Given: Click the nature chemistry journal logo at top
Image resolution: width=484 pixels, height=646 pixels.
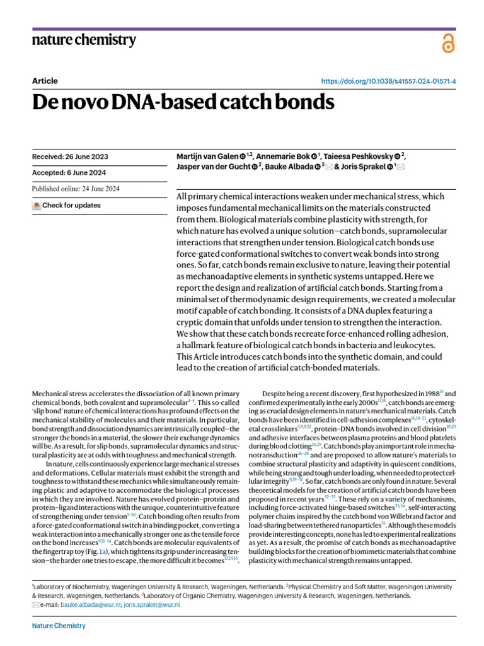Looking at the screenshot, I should coord(84,40).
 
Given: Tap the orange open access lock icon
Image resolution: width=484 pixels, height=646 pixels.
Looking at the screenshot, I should coord(447,44).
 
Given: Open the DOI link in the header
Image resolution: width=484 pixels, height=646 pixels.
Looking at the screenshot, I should coord(389,81).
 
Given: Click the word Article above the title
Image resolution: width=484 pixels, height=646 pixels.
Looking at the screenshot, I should coord(45,81).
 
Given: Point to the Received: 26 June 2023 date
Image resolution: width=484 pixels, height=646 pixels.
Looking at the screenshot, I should coord(69,156).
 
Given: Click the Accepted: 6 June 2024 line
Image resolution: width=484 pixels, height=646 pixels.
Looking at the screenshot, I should coord(69,173).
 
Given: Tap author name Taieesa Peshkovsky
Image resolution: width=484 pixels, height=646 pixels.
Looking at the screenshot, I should coord(357,156).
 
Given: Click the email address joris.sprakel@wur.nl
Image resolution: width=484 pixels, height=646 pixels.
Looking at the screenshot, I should coord(152,604).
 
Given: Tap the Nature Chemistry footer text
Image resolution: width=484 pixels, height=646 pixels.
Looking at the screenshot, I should coord(59,626).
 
